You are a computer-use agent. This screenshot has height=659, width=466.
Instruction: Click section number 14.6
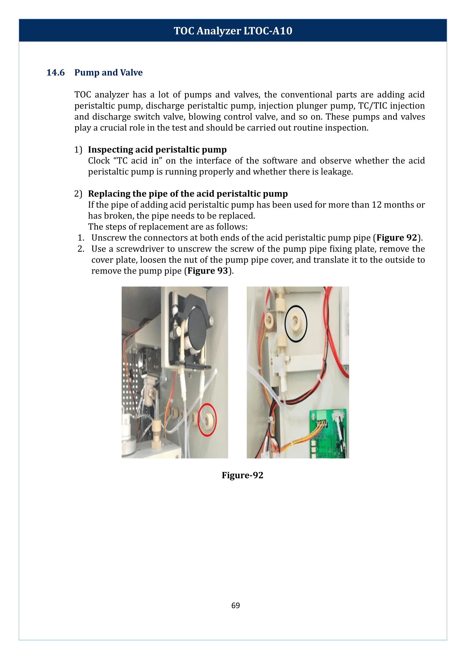click(x=55, y=72)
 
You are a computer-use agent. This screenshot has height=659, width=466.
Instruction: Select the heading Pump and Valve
click(x=108, y=72)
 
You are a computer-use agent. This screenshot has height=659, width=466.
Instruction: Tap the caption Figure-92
click(x=242, y=475)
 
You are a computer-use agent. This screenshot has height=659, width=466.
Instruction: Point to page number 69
click(x=235, y=605)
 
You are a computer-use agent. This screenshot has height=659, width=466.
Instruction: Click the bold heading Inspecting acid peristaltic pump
click(x=157, y=150)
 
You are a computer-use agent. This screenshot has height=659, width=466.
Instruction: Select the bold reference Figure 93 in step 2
click(x=208, y=271)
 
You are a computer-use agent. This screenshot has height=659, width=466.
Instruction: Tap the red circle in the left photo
click(x=207, y=420)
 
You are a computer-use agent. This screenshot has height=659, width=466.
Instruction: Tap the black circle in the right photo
click(x=296, y=324)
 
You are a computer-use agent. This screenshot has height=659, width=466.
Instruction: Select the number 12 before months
click(x=376, y=205)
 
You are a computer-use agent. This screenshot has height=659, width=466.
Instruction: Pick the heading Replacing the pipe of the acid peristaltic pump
click(x=188, y=194)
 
